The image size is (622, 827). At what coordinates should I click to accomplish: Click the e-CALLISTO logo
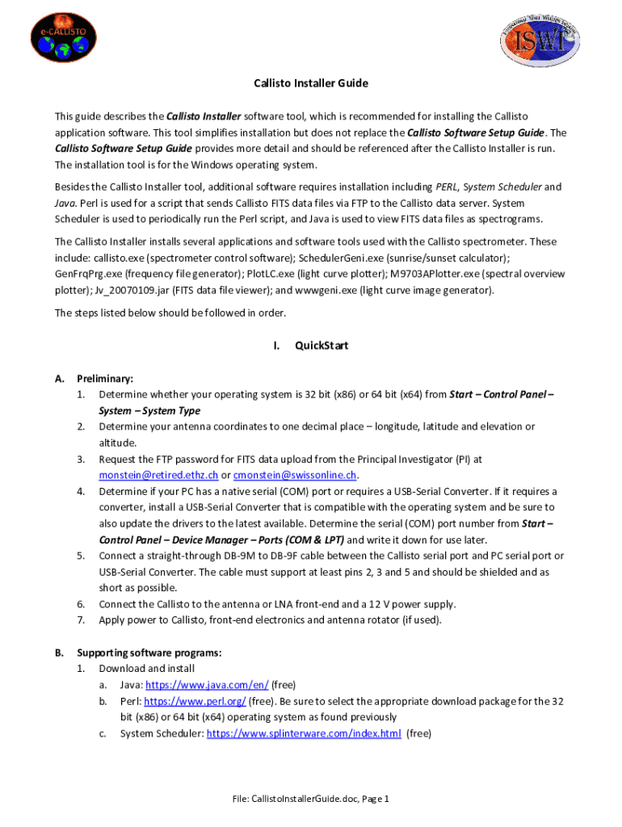(x=65, y=41)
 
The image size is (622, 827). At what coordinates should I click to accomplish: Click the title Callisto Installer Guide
(x=311, y=83)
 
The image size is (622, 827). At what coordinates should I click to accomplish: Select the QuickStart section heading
(x=322, y=346)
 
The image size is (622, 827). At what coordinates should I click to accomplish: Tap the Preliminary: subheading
(x=105, y=378)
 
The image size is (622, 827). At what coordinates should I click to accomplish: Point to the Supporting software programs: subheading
(x=149, y=653)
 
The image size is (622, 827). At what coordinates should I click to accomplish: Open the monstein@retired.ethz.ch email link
(x=158, y=475)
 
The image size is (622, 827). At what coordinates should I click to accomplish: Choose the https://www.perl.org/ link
(x=195, y=701)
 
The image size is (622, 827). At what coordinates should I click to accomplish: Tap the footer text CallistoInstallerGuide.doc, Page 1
(x=311, y=799)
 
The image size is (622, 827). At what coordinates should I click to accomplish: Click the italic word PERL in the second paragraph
(x=448, y=187)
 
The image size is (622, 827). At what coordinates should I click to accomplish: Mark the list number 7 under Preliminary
(x=81, y=620)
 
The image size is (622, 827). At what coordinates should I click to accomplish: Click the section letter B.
(x=59, y=653)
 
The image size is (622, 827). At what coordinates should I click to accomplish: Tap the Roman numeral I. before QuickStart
(x=276, y=346)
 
